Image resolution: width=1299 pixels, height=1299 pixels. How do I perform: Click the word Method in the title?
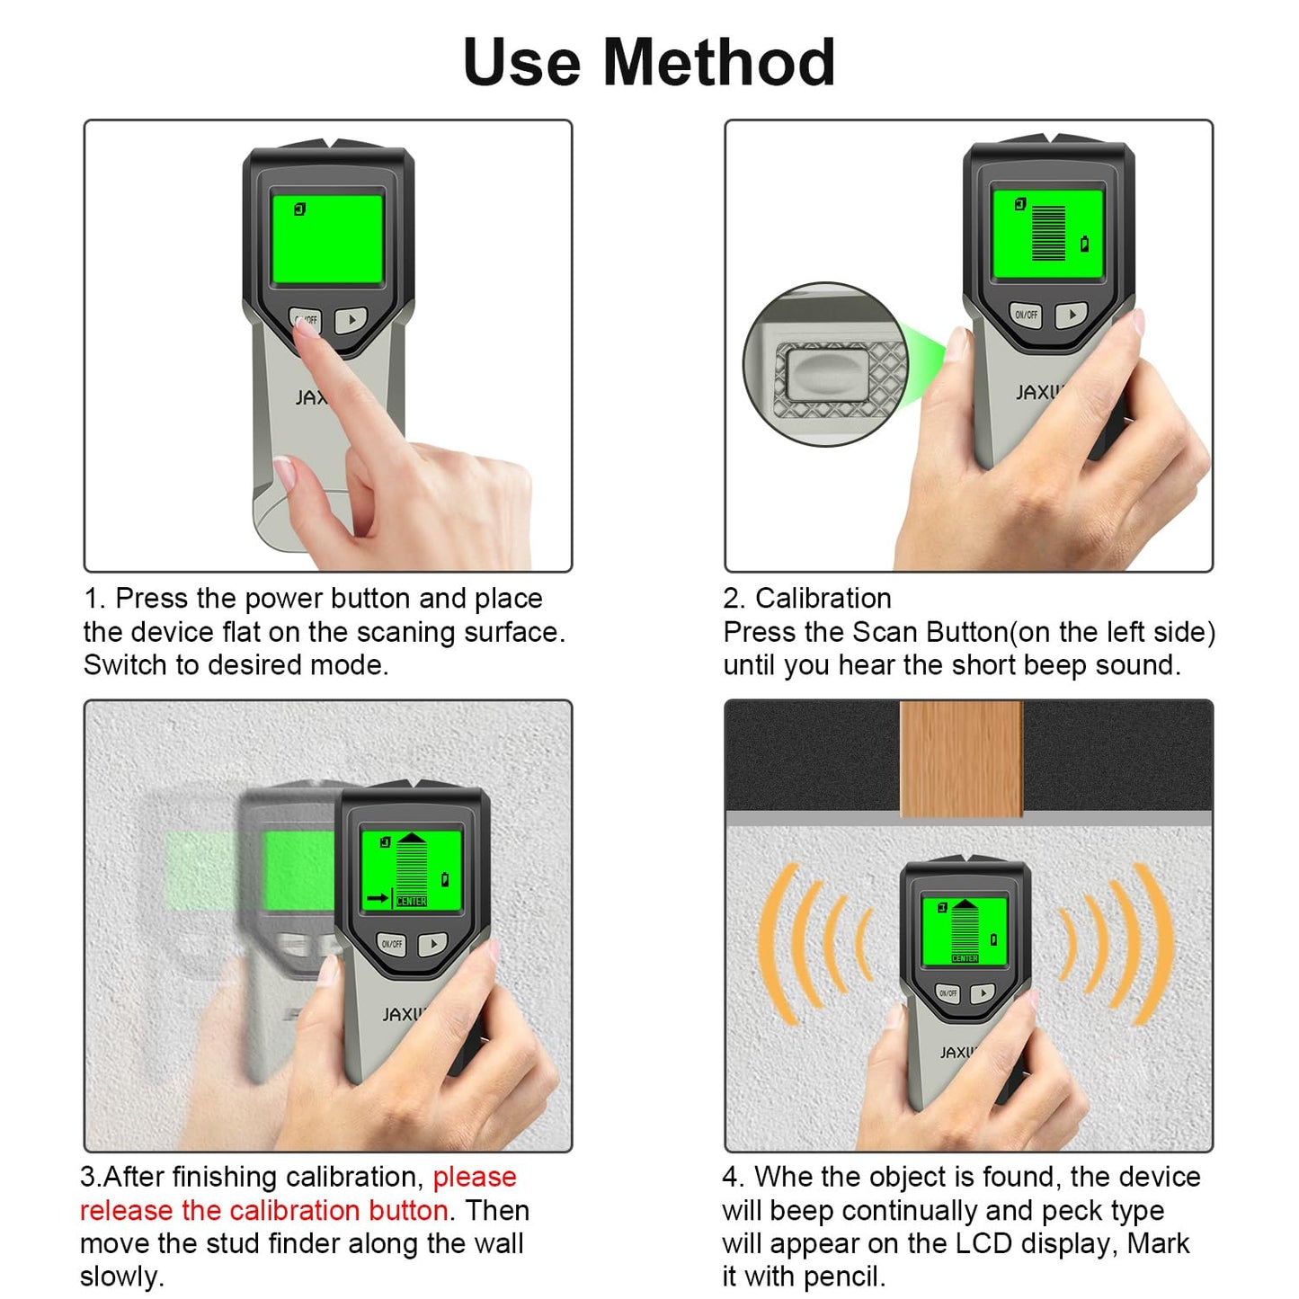click(x=719, y=63)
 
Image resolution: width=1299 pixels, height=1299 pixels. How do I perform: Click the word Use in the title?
click(x=521, y=63)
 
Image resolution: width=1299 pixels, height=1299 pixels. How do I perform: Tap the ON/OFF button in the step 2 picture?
click(x=1026, y=315)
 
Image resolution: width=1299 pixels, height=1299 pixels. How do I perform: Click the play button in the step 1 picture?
click(x=351, y=319)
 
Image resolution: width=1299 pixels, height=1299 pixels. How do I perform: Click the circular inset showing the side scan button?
click(x=825, y=364)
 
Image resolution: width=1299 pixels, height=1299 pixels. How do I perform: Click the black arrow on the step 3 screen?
click(x=378, y=897)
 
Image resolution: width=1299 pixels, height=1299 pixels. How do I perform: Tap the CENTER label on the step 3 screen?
click(x=412, y=901)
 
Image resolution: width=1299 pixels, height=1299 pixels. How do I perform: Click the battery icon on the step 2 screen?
click(x=1084, y=244)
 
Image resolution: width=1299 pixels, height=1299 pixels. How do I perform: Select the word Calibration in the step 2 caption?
click(x=823, y=598)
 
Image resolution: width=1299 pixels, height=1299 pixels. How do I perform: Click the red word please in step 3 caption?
click(x=475, y=1177)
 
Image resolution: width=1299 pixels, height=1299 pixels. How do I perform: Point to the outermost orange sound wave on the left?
click(x=775, y=944)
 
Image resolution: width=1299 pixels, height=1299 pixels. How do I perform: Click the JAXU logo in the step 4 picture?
click(x=957, y=1052)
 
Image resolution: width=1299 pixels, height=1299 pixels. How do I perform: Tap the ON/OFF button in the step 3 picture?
click(x=392, y=944)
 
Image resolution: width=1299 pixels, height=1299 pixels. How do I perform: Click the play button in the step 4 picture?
click(x=983, y=993)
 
